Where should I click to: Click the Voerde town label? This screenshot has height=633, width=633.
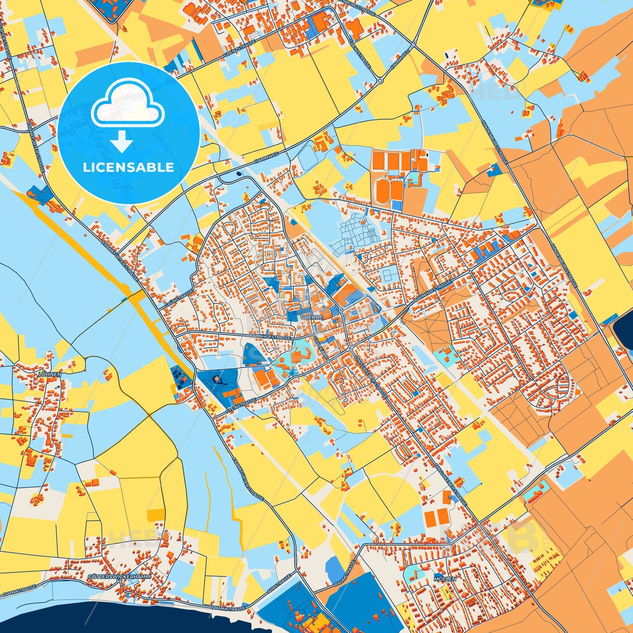pos(311,317)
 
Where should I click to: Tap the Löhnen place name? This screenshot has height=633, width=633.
pos(50,375)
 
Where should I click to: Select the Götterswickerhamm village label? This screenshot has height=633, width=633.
pos(119,576)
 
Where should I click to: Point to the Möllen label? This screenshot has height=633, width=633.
pos(445,579)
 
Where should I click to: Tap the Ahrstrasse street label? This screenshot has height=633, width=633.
pos(279,583)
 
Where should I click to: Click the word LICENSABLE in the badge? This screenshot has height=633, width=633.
pos(128,167)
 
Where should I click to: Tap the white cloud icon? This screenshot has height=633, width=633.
pos(127,103)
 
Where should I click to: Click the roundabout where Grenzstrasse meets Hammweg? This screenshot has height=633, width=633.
pos(380,81)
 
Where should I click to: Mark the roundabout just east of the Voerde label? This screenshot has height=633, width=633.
pos(340,311)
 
